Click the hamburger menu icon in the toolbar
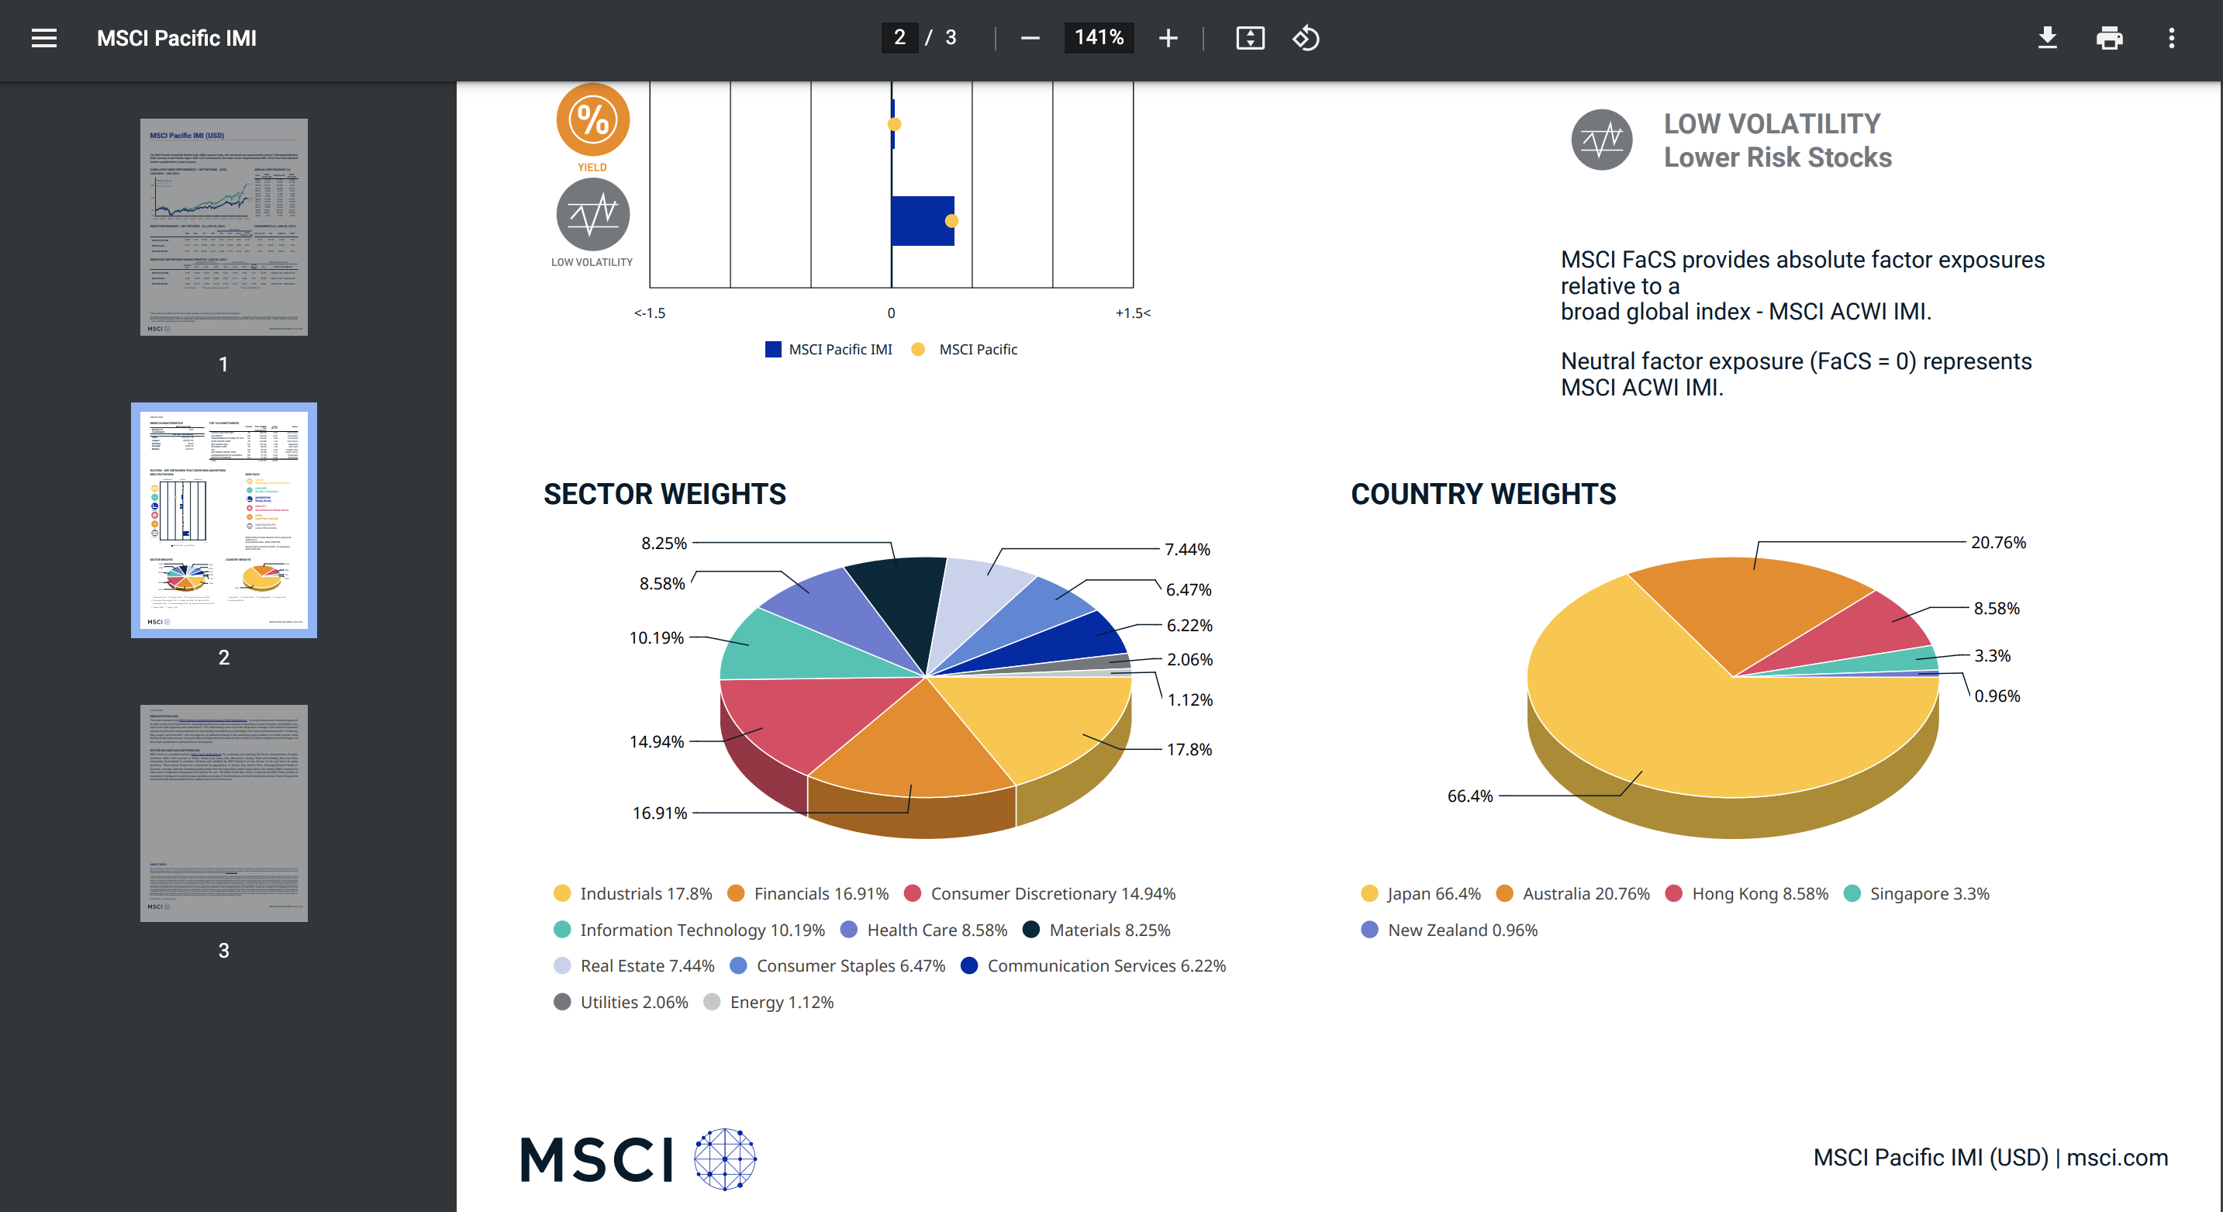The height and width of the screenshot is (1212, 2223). (44, 38)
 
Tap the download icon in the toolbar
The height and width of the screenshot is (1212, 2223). (2047, 38)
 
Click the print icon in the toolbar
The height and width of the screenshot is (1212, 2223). (2109, 38)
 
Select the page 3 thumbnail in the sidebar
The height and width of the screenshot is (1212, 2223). (223, 813)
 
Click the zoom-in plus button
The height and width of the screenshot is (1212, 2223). (1168, 38)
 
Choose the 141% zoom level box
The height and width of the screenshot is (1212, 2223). (1099, 38)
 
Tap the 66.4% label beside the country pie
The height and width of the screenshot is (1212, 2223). (1469, 796)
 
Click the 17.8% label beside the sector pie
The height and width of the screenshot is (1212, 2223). (1189, 749)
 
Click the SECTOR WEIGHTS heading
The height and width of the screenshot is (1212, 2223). (664, 494)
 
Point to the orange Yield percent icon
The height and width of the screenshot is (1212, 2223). (593, 120)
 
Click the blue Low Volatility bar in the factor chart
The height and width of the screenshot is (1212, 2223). (922, 221)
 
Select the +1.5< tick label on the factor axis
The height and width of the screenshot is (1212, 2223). (1132, 312)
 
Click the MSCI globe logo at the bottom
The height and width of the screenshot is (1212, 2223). (725, 1158)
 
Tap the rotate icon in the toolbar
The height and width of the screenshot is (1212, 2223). (1306, 38)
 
